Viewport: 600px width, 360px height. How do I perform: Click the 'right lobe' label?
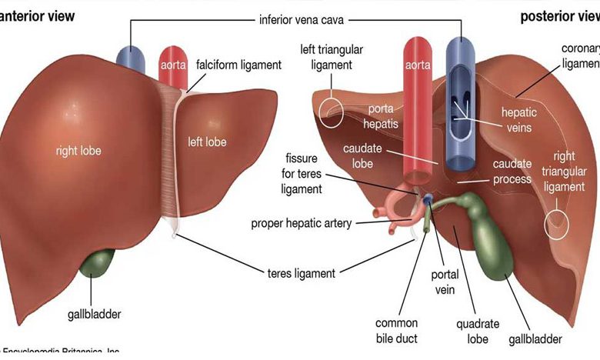pyautogui.click(x=78, y=151)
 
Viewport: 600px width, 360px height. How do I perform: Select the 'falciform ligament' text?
pyautogui.click(x=238, y=65)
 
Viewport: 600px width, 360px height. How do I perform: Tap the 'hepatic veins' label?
pyautogui.click(x=519, y=120)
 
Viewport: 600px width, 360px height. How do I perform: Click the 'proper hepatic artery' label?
pyautogui.click(x=302, y=224)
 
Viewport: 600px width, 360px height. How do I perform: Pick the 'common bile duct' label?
pyautogui.click(x=396, y=330)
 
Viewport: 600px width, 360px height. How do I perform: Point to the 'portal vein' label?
pyautogui.click(x=444, y=283)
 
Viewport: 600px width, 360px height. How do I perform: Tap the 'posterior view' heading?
pyautogui.click(x=558, y=16)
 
